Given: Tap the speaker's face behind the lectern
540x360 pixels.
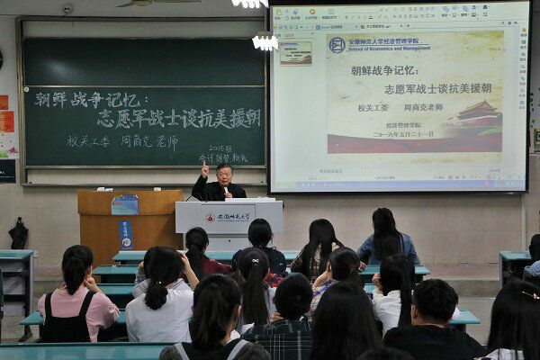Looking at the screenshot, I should point(222,174).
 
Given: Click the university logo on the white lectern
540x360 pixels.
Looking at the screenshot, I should point(210,217).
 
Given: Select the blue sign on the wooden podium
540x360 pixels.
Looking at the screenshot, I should point(125,204).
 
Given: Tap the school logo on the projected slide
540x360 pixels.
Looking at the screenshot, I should point(337,45).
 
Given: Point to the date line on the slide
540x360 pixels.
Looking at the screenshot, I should point(409,133).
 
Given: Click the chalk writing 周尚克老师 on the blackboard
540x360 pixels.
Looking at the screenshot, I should point(149,140).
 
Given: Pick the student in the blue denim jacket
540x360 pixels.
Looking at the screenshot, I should point(387,238).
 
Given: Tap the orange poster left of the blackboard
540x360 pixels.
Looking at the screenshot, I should point(6,121).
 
